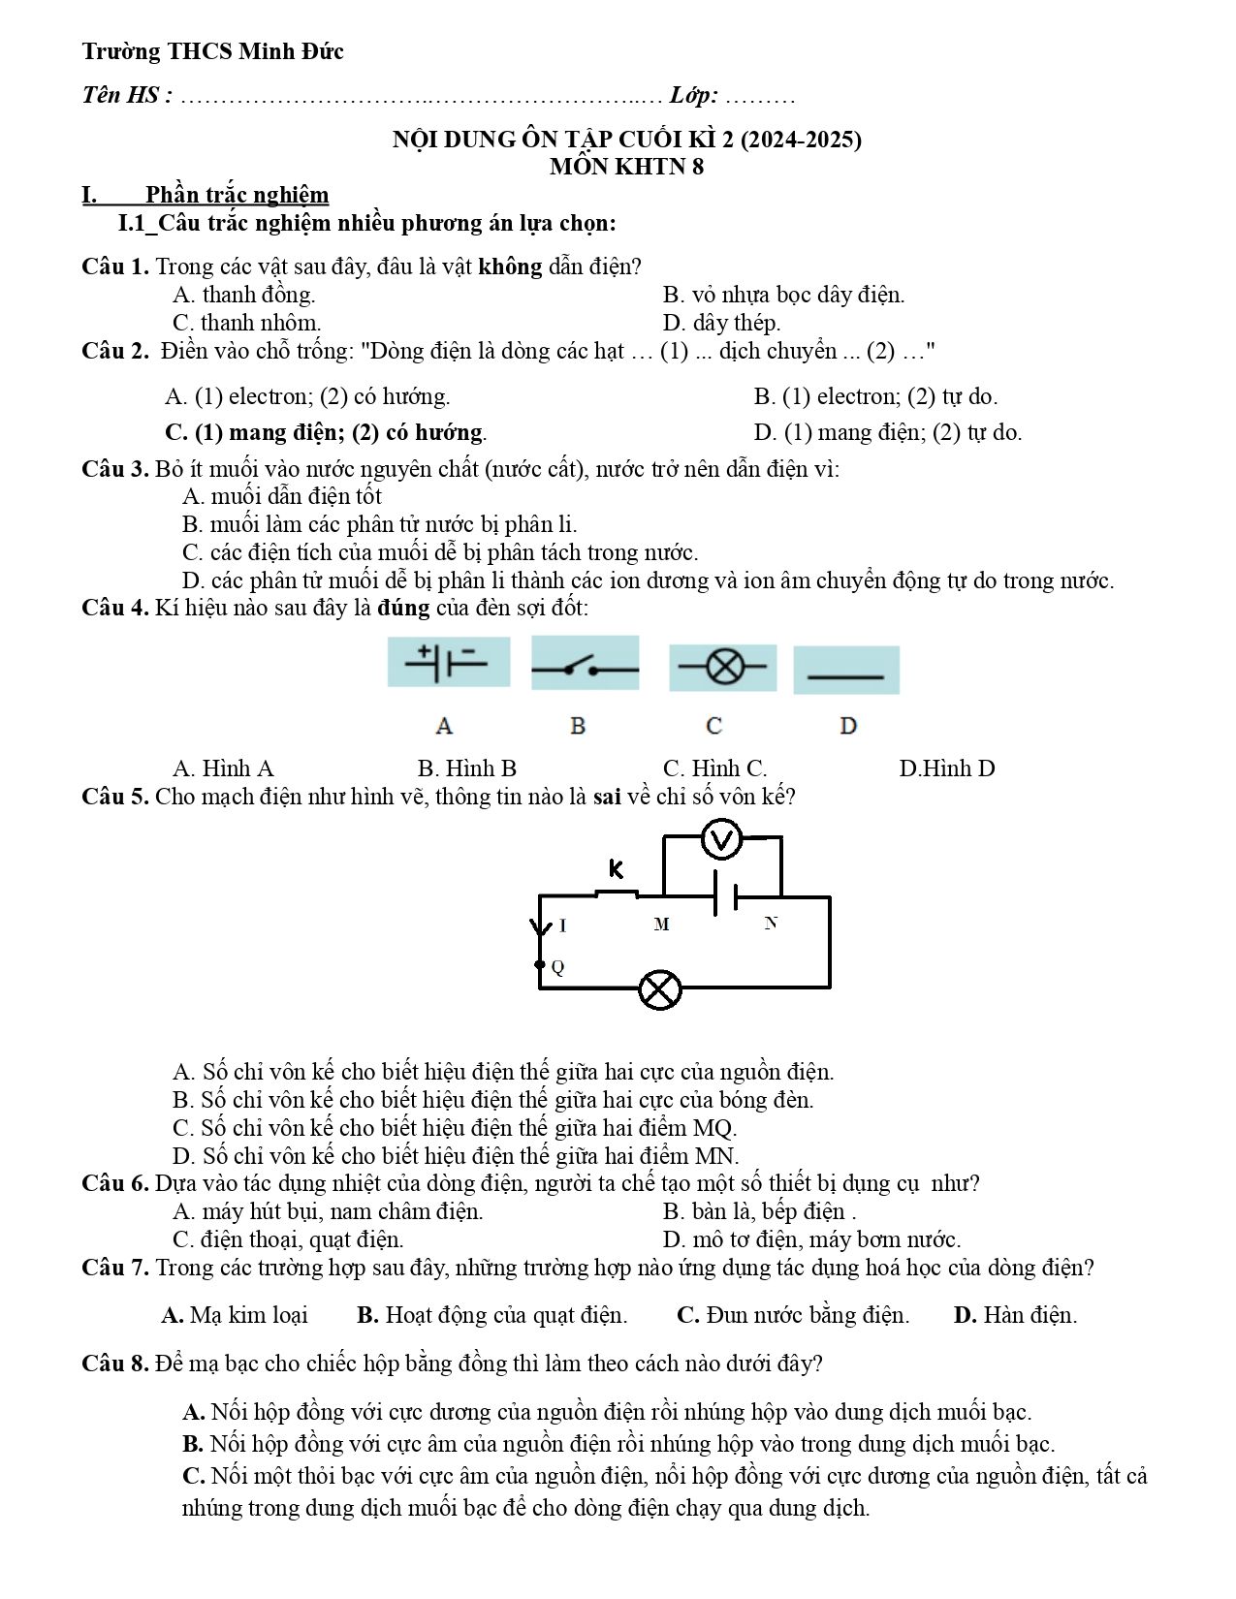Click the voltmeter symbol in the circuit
721,839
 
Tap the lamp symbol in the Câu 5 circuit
659,989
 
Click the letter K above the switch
617,869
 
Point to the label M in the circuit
661,924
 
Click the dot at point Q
540,964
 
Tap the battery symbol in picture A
446,662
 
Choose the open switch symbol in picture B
586,668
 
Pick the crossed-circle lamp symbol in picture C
723,667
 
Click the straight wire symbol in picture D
846,676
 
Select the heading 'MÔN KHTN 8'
626,167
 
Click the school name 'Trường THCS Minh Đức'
212,51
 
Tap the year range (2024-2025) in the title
801,140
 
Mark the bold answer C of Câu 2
326,432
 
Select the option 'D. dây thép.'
721,323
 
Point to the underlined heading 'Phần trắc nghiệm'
238,194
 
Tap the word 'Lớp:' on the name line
693,95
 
